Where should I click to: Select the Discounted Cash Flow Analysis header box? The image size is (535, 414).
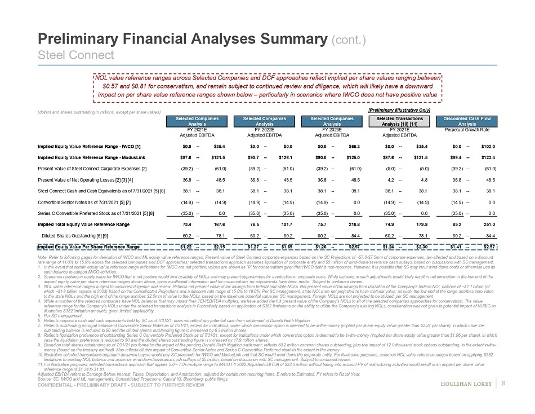(x=467, y=121)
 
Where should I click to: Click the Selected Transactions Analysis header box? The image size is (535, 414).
(x=399, y=121)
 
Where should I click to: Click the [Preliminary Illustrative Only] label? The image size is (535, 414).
(x=399, y=109)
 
